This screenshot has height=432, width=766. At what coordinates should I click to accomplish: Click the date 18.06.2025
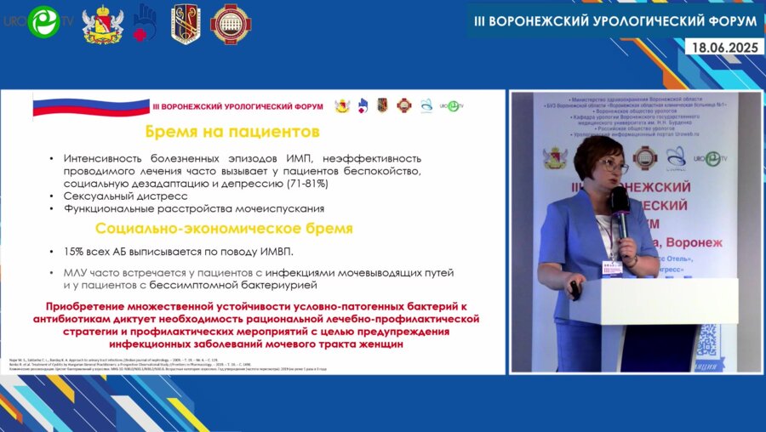pyautogui.click(x=724, y=48)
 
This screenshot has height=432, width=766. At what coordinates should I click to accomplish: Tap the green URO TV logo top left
pyautogui.click(x=43, y=23)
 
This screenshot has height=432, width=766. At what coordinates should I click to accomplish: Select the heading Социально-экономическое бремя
pyautogui.click(x=224, y=229)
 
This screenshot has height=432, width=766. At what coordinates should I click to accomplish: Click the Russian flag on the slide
pyautogui.click(x=90, y=107)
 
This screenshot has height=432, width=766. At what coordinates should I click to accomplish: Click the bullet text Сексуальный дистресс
pyautogui.click(x=125, y=196)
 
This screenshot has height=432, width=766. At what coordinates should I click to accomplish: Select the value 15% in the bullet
pyautogui.click(x=74, y=252)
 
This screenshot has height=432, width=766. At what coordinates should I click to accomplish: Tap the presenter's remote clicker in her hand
pyautogui.click(x=575, y=291)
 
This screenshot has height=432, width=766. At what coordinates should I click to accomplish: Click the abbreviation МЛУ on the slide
pyautogui.click(x=77, y=272)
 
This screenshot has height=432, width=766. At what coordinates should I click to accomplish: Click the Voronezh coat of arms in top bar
pyautogui.click(x=102, y=23)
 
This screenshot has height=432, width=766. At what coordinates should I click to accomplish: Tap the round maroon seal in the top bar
pyautogui.click(x=226, y=23)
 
